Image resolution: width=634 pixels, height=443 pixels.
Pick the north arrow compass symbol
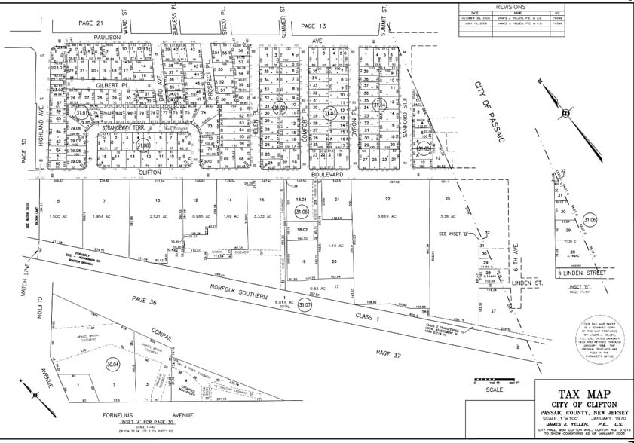(565, 113)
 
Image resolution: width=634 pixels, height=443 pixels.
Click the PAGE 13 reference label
(314, 26)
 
